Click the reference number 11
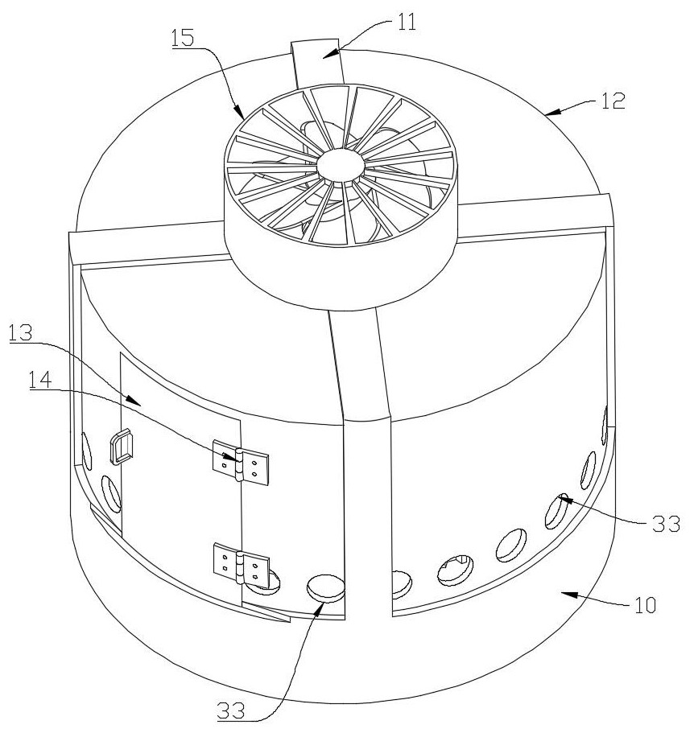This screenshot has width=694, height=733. point(407,22)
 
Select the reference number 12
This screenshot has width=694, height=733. point(611,101)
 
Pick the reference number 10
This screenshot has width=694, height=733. point(641,603)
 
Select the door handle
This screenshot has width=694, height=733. point(120,447)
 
